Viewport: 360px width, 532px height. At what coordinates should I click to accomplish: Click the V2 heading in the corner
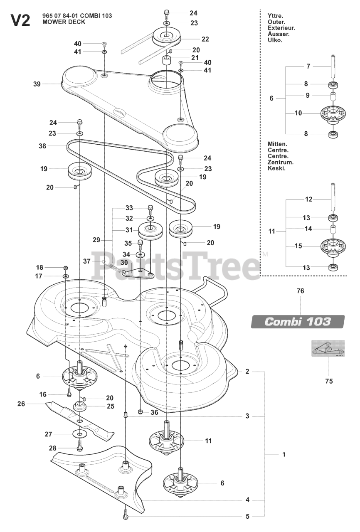[x=20, y=20]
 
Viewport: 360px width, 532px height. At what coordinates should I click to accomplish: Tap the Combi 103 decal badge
[x=298, y=322]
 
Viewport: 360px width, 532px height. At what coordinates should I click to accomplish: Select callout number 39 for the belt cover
[x=37, y=84]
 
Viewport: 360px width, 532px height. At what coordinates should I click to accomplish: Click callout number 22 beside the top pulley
[x=205, y=39]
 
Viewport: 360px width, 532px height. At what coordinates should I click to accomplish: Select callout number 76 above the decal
[x=300, y=291]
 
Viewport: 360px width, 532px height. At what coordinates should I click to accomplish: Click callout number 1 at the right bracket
[x=284, y=455]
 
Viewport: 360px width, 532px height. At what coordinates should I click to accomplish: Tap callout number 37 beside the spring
[x=86, y=261]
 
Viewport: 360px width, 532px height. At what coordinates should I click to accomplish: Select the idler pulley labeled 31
[x=149, y=230]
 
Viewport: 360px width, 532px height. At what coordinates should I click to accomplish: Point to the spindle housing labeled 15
[x=333, y=246]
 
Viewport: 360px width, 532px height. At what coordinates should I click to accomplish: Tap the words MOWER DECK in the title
[x=64, y=22]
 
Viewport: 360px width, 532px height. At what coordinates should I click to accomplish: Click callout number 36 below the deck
[x=154, y=412]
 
